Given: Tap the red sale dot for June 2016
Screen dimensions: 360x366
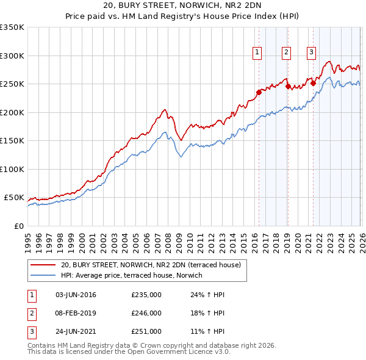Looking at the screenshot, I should point(259,92).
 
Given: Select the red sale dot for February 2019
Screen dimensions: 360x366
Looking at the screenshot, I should point(287,86).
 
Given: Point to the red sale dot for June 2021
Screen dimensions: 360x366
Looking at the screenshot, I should point(313,84).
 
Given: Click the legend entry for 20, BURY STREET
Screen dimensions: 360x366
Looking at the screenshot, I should point(151,265).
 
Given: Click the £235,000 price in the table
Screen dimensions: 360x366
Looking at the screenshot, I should point(146,295).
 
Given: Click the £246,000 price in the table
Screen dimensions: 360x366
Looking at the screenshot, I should point(146,313).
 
